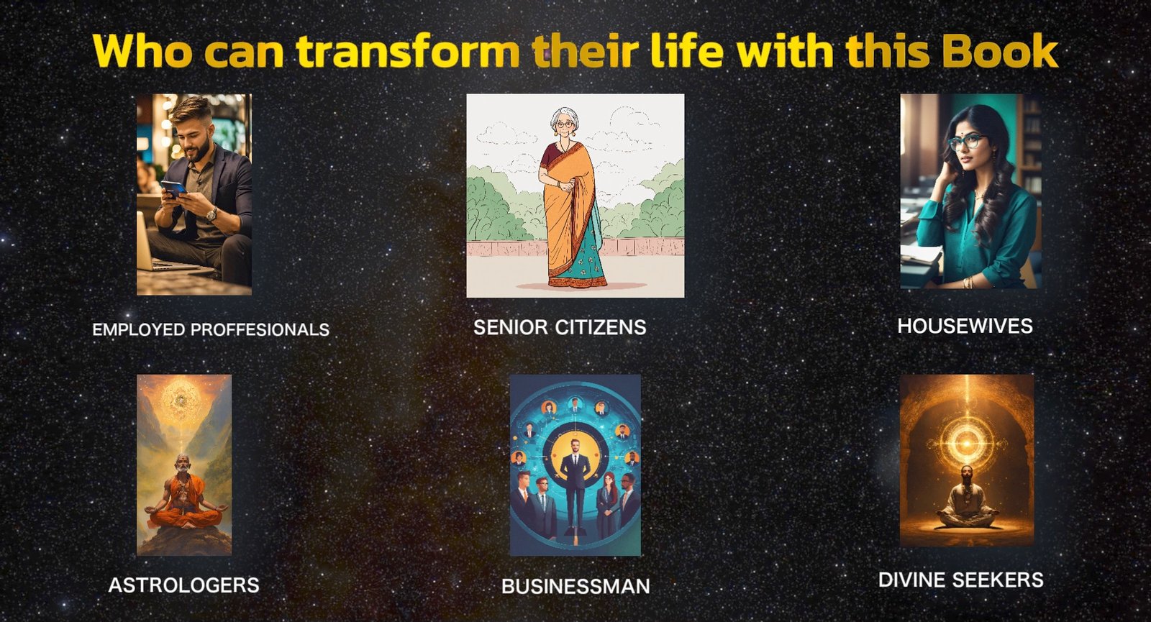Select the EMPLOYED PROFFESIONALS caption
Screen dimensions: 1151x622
(211, 329)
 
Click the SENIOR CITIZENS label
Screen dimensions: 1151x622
(560, 327)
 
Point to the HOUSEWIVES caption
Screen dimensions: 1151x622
(965, 326)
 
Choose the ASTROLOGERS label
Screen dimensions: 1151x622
(184, 585)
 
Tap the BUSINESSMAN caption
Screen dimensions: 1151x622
(575, 586)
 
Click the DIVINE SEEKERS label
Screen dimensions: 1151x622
(961, 580)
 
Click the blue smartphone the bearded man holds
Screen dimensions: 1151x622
(173, 188)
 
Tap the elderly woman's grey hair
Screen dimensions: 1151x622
(564, 117)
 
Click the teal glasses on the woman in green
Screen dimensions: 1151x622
(965, 141)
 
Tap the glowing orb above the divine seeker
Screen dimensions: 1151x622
(967, 443)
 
